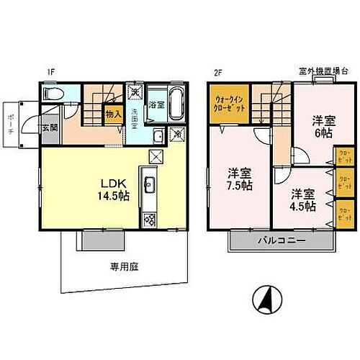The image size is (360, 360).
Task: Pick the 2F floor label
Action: pos(215,71)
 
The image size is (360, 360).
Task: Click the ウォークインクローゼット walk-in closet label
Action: pos(230,102)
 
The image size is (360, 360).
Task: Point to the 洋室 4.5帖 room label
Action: pos(303,200)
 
